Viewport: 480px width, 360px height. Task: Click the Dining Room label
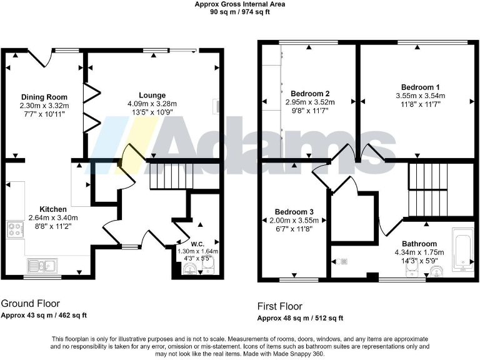44,97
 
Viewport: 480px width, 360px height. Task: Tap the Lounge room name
152,95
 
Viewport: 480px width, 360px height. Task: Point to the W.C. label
197,243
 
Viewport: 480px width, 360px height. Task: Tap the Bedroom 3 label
292,212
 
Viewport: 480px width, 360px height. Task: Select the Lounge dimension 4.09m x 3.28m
152,104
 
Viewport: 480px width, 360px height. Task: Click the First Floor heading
279,307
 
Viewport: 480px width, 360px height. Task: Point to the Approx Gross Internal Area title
239,4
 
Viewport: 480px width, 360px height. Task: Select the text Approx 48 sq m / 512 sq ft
300,319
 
